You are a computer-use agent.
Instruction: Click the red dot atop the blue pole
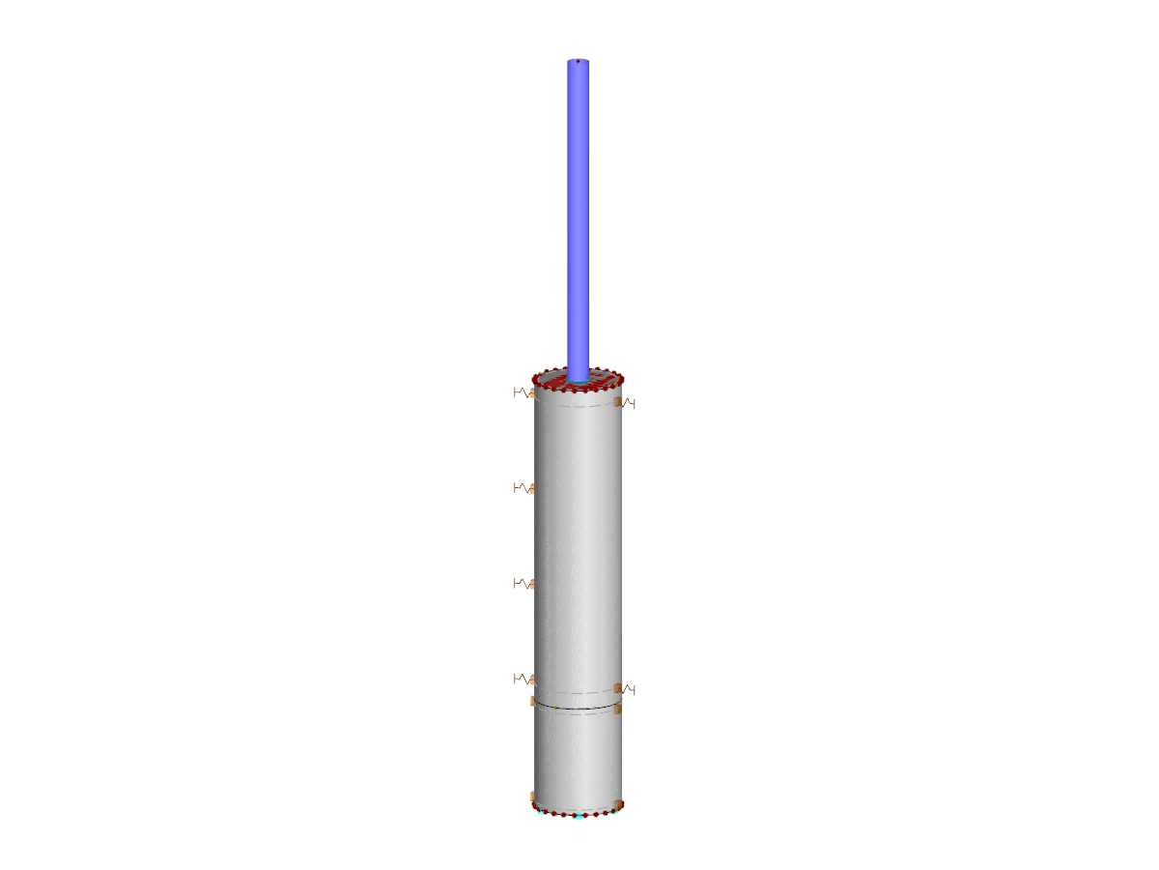pos(578,62)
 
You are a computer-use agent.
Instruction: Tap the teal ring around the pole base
pos(578,383)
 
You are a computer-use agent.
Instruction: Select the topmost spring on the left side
pos(523,392)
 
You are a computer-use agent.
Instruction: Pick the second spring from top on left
pos(523,488)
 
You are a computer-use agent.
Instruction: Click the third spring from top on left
pos(523,583)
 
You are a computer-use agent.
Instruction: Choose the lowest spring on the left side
pos(523,678)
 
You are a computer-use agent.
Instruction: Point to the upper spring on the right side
pos(629,402)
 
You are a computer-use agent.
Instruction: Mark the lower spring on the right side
pos(629,689)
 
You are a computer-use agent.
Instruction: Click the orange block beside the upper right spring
pos(617,400)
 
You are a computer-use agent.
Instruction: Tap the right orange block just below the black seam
pos(618,709)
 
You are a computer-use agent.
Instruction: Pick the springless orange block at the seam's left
pos(532,700)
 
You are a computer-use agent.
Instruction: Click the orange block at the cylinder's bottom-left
pos(533,797)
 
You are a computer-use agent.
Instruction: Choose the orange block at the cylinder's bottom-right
pos(618,804)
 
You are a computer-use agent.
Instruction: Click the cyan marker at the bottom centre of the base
pos(578,816)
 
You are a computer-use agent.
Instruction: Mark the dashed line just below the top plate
pos(578,406)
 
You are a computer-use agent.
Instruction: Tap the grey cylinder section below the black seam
pos(578,759)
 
